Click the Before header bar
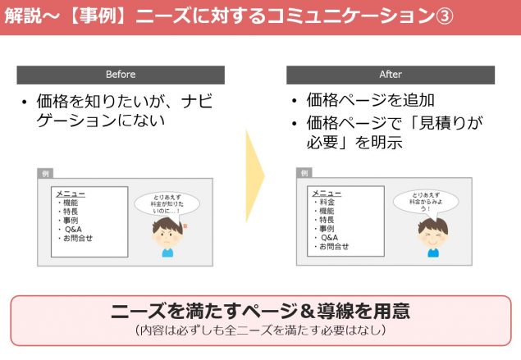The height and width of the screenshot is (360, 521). pyautogui.click(x=121, y=75)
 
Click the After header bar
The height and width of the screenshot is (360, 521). pyautogui.click(x=391, y=75)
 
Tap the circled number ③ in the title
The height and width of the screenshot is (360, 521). pyautogui.click(x=444, y=16)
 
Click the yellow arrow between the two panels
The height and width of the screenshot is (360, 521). pyautogui.click(x=255, y=176)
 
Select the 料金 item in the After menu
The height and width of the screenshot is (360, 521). pyautogui.click(x=327, y=202)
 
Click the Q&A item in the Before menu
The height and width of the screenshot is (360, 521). pyautogui.click(x=73, y=229)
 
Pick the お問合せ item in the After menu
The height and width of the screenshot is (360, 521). pyautogui.click(x=334, y=246)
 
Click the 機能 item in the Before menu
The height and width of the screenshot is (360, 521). pyautogui.click(x=71, y=203)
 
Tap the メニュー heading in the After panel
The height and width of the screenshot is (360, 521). pyautogui.click(x=327, y=193)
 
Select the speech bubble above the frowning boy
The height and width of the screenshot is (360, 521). pyautogui.click(x=167, y=204)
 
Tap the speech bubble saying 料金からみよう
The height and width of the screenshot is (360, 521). pyautogui.click(x=426, y=202)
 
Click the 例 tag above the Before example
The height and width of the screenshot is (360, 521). pyautogui.click(x=45, y=173)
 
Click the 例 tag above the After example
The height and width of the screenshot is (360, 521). pyautogui.click(x=304, y=173)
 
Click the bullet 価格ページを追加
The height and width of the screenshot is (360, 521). pyautogui.click(x=370, y=100)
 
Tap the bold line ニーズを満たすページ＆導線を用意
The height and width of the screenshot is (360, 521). pyautogui.click(x=260, y=311)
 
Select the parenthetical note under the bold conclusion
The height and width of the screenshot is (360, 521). pyautogui.click(x=261, y=330)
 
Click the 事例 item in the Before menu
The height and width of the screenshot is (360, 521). pyautogui.click(x=71, y=221)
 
